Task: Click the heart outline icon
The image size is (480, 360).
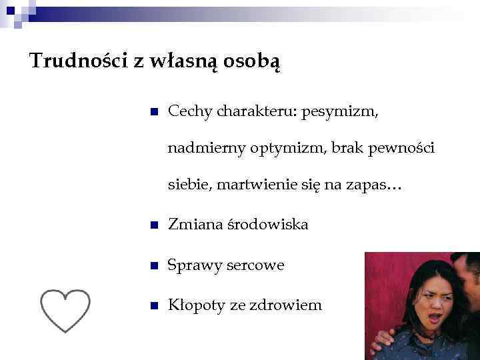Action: (65, 311)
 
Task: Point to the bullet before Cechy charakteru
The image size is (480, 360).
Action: (153, 112)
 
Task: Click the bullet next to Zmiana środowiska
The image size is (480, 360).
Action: (153, 226)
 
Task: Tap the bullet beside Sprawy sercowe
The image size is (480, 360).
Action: (153, 266)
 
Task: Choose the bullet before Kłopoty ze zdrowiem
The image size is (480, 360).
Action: (153, 306)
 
